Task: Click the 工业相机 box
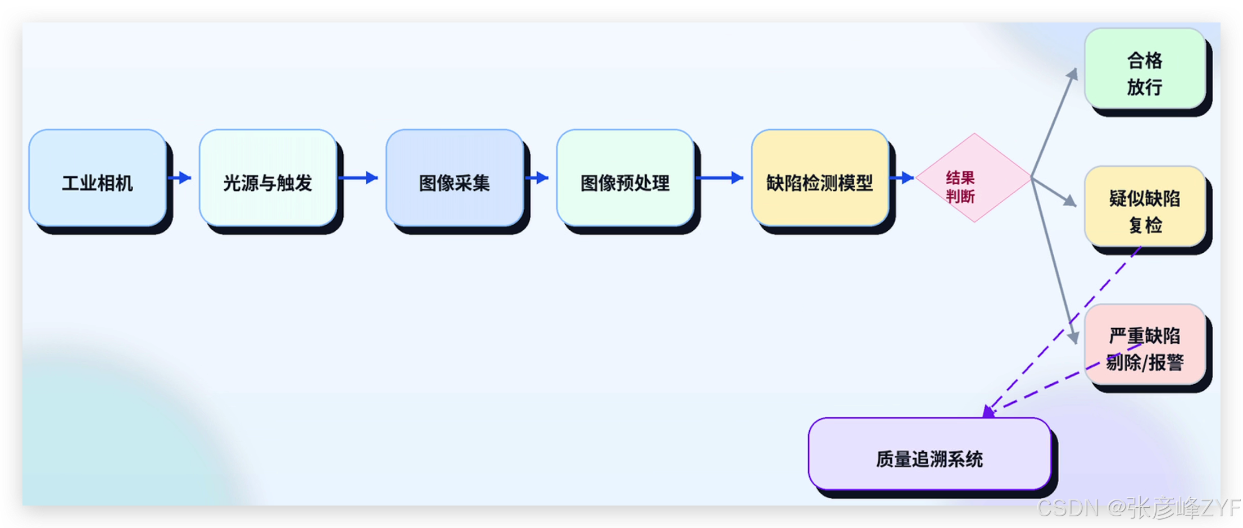coord(98,178)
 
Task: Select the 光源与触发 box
coord(268,178)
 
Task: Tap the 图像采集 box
coord(455,178)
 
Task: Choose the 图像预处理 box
coord(625,178)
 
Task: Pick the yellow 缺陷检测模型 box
coord(820,178)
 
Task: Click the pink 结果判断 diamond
coord(974,178)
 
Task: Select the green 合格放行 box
coord(1145,69)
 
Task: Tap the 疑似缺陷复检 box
coord(1145,206)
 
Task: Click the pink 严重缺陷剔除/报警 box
coord(1145,344)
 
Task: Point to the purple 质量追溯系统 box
coord(930,454)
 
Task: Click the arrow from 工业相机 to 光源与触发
coord(180,178)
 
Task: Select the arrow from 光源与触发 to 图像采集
coord(359,178)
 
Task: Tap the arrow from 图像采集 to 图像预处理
coord(537,178)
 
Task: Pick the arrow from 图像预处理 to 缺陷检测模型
coord(720,178)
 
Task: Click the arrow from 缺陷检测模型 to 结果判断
coord(902,178)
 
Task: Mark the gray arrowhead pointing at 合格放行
coord(1073,74)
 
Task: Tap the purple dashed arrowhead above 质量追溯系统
coord(989,412)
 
